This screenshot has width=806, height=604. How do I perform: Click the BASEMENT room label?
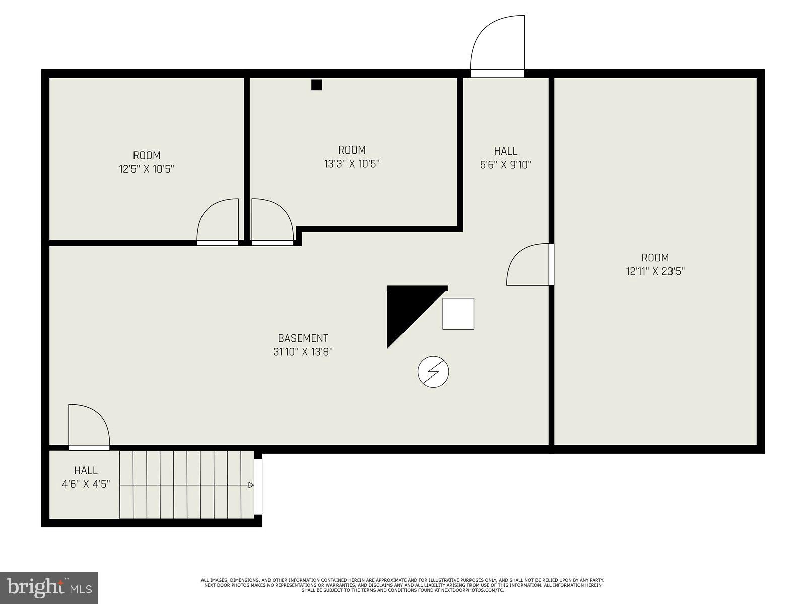pos(303,338)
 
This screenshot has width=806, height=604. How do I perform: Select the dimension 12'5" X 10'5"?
pos(147,169)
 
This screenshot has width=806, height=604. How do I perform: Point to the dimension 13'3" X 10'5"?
pos(352,164)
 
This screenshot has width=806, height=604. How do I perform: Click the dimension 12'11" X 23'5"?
pos(655,271)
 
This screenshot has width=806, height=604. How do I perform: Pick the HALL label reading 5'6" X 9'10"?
pos(505,150)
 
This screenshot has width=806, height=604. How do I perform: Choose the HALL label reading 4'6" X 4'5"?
pos(86,471)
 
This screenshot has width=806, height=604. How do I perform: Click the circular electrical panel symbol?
pos(433,372)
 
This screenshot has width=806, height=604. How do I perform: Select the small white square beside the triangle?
pos(458,314)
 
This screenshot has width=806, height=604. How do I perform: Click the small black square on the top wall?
pos(316,85)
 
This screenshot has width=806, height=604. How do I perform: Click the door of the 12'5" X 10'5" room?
pos(218,221)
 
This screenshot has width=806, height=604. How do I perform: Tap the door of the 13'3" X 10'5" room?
pos(272,221)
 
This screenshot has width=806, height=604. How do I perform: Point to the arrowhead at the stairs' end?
pos(251,485)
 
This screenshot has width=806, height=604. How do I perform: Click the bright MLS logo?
pos(49,586)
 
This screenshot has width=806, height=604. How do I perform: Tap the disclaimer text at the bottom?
pos(402,585)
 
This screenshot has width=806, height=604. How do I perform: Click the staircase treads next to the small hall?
pos(186,485)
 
